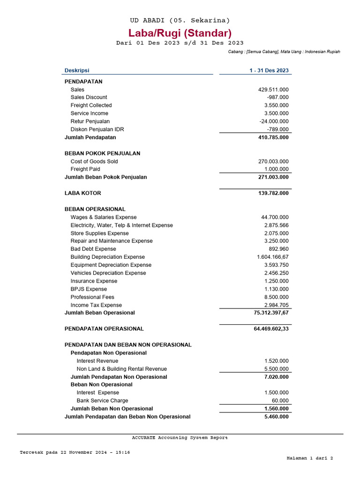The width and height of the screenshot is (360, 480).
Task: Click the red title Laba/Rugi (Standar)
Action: (x=180, y=33)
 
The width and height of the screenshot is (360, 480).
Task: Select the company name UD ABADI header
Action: (x=180, y=20)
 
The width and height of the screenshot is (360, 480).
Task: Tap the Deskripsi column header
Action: (x=77, y=71)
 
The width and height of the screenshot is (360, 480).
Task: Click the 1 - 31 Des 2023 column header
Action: (x=269, y=71)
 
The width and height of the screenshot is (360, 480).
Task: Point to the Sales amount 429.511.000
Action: (x=273, y=90)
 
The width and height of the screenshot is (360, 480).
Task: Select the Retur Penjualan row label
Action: (x=90, y=121)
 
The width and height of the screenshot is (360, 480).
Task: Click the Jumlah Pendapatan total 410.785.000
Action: (x=271, y=138)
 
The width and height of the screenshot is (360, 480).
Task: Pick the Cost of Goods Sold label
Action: (x=94, y=162)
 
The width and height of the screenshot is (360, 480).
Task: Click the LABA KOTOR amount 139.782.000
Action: (x=271, y=193)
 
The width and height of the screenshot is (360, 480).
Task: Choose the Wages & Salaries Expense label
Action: (x=104, y=217)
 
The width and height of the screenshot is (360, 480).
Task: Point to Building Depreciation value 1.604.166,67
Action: (x=273, y=257)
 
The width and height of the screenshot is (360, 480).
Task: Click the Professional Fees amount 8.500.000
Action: (x=276, y=297)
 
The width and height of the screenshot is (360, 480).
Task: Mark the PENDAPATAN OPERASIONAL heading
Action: (x=104, y=329)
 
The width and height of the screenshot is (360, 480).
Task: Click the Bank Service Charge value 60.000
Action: (x=280, y=401)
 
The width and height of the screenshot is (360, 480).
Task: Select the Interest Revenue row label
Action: (x=97, y=361)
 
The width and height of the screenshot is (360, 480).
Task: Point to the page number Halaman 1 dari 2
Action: (x=309, y=458)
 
